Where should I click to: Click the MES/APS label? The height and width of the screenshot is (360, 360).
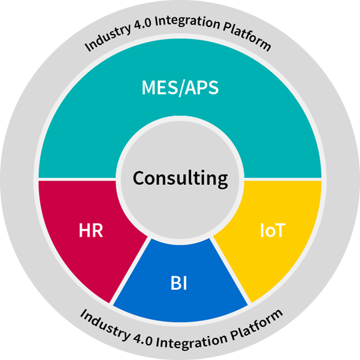point(180,88)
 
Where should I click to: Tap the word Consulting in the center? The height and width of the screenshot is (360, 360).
point(180,179)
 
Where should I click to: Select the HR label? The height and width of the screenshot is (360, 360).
point(91,230)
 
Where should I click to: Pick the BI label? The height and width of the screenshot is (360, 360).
point(179,283)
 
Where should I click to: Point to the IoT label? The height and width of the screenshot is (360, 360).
point(273,230)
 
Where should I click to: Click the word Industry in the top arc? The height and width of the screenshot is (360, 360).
point(107,37)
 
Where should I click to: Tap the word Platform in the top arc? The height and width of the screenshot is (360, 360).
point(247,36)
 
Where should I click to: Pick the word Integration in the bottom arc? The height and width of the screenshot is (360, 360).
point(192,341)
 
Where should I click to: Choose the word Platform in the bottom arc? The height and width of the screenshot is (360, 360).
point(257,325)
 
